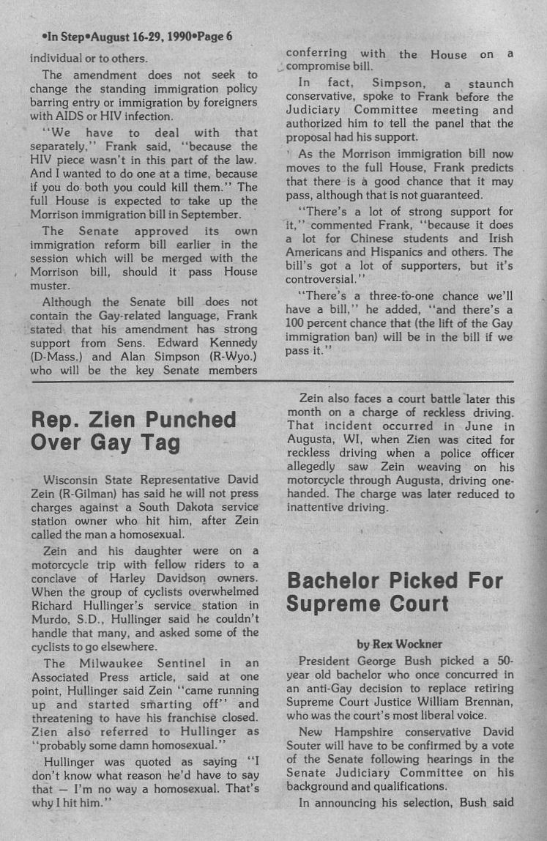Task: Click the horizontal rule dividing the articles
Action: pos(273,382)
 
